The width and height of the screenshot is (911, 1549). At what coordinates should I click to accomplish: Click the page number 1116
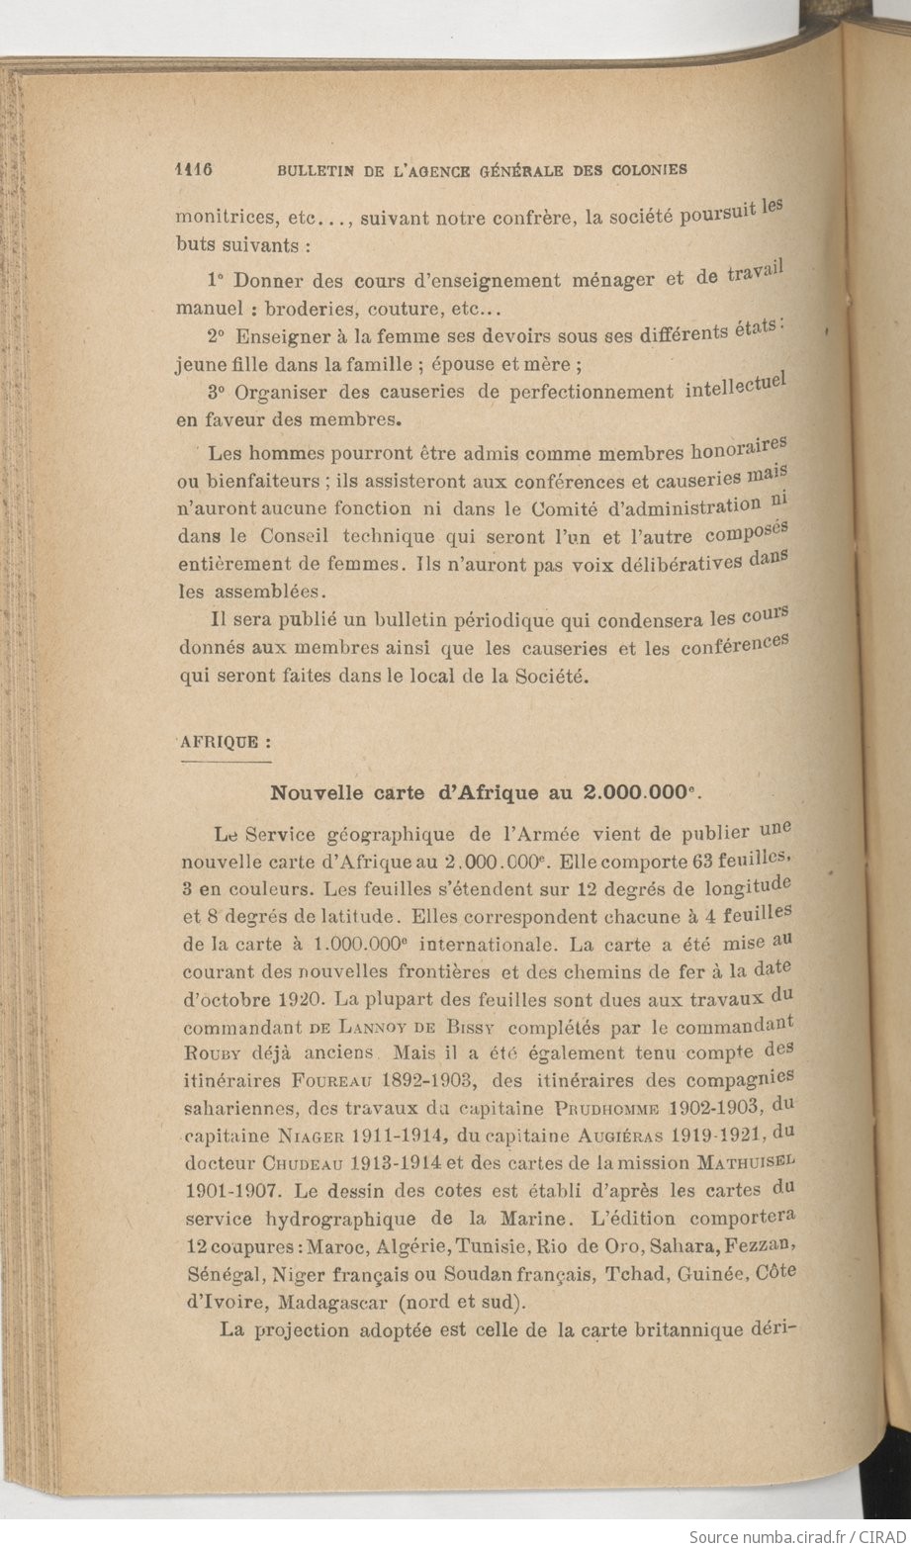(x=195, y=168)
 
